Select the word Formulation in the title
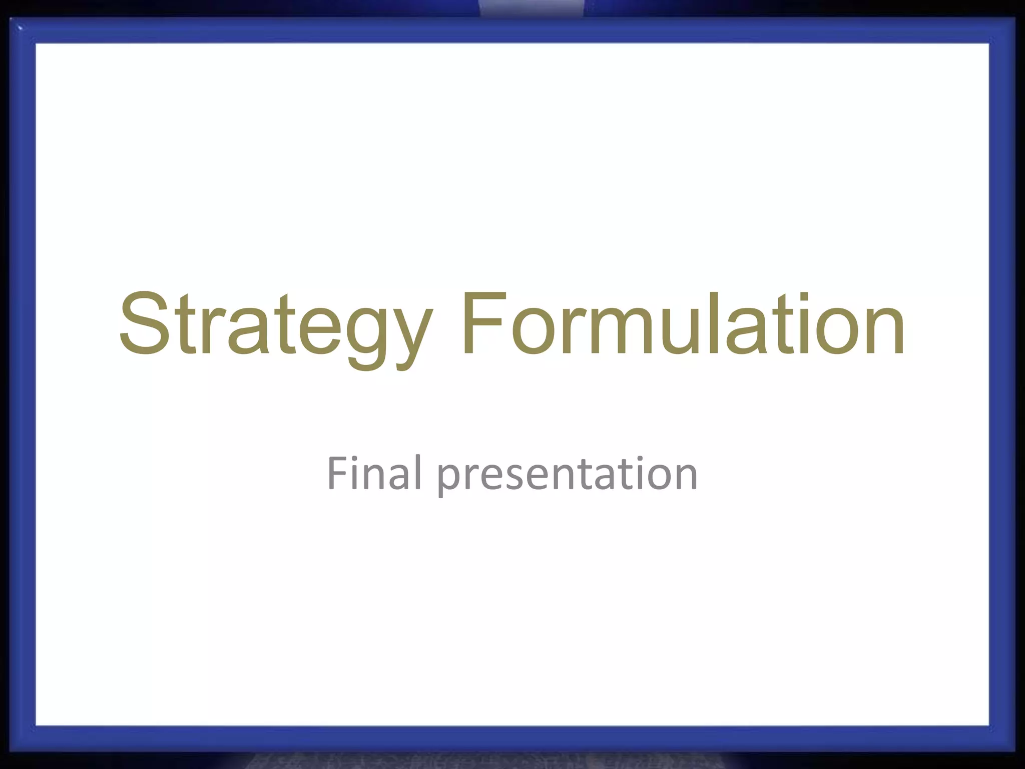point(684,324)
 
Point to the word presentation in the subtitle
point(568,476)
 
